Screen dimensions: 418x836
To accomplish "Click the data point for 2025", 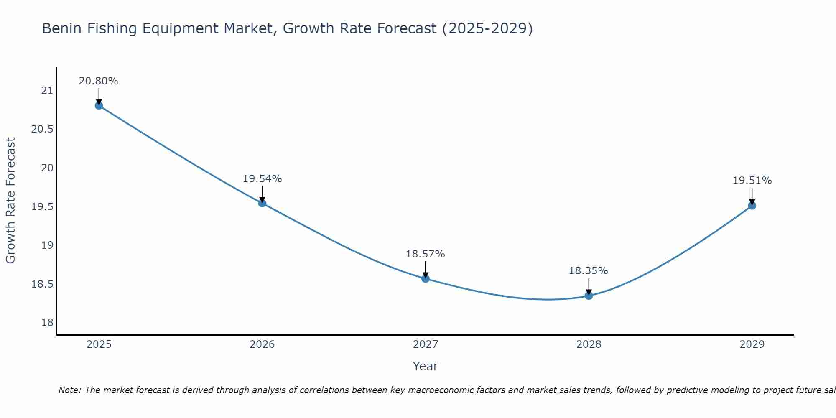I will (x=99, y=105).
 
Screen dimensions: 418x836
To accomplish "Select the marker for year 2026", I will (x=262, y=203).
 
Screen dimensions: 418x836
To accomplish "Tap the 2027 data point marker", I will (x=426, y=278).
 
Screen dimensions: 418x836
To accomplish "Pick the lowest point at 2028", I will (x=589, y=296).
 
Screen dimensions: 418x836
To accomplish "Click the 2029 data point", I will (x=752, y=205).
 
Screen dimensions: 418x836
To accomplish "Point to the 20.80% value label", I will (x=99, y=81).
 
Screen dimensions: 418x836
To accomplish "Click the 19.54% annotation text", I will (x=262, y=179).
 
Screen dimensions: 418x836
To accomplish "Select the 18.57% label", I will (x=425, y=254).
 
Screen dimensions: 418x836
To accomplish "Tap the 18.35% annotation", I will (x=588, y=271).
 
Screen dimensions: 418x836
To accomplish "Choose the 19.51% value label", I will (x=752, y=181).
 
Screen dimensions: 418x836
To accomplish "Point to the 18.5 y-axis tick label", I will (x=43, y=284).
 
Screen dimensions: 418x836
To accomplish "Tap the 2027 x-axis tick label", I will (x=426, y=344).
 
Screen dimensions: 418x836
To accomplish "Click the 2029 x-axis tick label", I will (x=752, y=344).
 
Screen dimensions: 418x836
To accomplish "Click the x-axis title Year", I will (x=425, y=366).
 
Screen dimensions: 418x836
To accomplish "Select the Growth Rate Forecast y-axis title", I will (x=10, y=201).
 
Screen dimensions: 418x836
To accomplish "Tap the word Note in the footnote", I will (x=70, y=390).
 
